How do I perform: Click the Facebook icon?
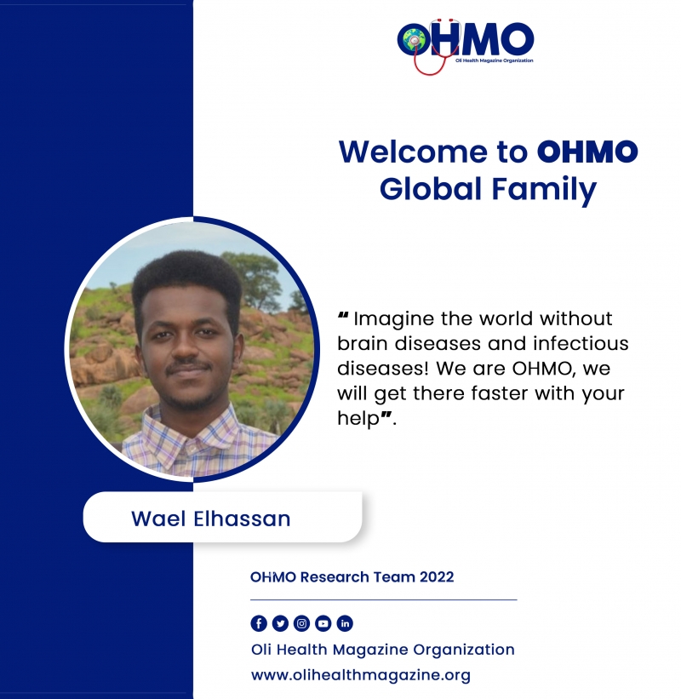point(259,623)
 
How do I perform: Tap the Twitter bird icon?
point(280,623)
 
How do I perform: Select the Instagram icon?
point(301,623)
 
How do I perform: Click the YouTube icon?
point(323,623)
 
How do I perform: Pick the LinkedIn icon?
point(345,623)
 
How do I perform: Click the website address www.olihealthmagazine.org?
point(361,675)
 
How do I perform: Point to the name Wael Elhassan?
point(211,519)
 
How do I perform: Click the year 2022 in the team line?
point(437,577)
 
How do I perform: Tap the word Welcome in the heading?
point(414,152)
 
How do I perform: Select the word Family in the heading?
point(544,189)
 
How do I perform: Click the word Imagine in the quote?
point(393,319)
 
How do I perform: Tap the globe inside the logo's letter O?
point(415,40)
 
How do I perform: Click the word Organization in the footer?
point(464,650)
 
